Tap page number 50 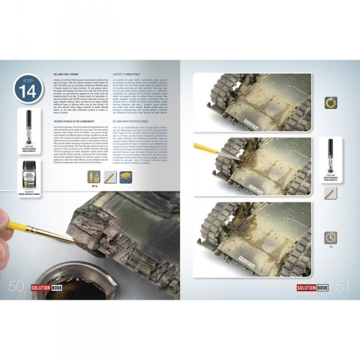point(16,287)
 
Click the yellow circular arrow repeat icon point(331,103)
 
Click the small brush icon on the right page point(331,193)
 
